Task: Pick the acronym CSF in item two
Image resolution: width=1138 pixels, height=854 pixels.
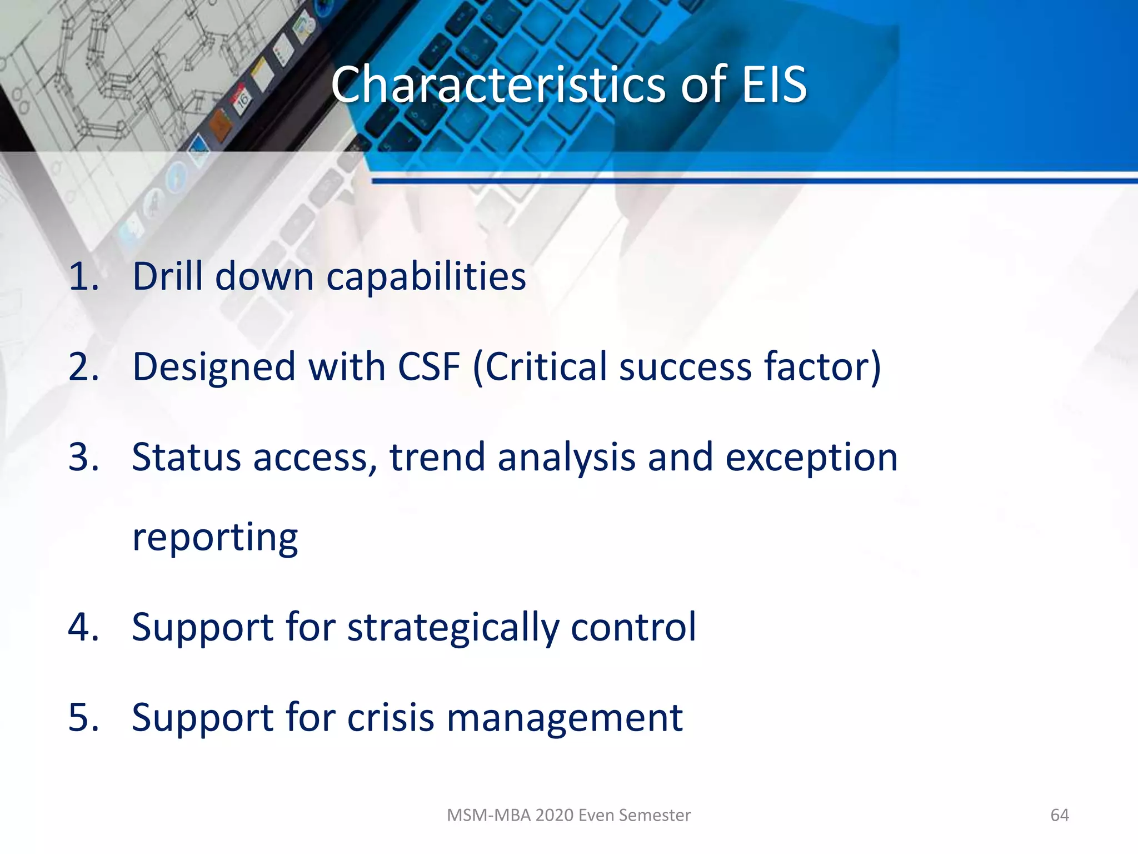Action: pyautogui.click(x=429, y=367)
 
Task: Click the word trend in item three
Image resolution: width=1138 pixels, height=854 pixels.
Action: pyautogui.click(x=437, y=457)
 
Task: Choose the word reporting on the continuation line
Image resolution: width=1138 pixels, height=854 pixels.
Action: pyautogui.click(x=215, y=538)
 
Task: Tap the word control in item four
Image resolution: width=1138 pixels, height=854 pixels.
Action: pyautogui.click(x=633, y=627)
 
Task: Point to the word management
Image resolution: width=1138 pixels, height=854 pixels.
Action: pyautogui.click(x=565, y=719)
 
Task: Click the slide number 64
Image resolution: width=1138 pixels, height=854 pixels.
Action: pyautogui.click(x=1059, y=815)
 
